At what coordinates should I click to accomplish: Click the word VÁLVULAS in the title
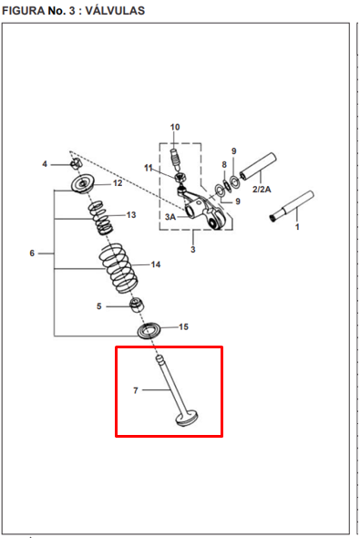115,11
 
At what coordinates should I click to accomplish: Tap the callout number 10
175,127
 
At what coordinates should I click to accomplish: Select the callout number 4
45,164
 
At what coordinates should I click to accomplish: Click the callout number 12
118,183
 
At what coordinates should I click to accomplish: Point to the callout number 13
131,215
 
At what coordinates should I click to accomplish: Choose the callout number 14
156,264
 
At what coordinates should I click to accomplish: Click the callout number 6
32,253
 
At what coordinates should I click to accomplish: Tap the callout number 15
183,326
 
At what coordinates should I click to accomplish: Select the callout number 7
136,390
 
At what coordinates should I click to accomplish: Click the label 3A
170,217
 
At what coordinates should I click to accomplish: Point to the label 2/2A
262,189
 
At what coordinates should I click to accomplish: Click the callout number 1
297,227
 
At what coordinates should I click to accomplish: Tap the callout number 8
224,165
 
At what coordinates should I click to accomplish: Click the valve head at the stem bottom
187,419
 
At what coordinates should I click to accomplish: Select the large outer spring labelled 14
118,268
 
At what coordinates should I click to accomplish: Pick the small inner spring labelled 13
99,218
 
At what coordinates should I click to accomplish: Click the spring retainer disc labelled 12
83,184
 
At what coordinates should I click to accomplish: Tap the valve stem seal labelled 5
137,305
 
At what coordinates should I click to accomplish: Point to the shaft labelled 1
292,206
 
